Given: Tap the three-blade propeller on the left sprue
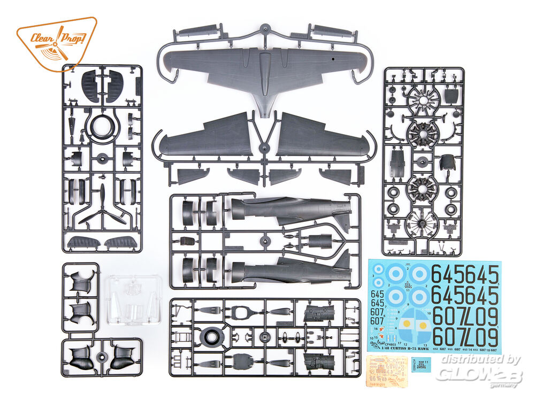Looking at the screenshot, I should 102,209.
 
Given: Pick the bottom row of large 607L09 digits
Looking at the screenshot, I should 465,337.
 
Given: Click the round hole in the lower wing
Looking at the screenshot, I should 333,55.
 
